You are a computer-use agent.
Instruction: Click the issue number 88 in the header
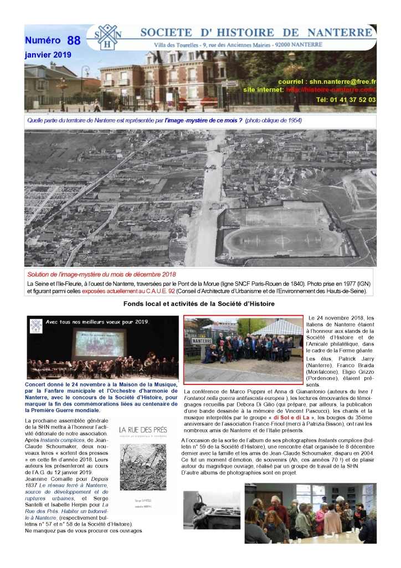[x=73, y=40]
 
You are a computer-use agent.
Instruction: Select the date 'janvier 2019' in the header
[x=48, y=55]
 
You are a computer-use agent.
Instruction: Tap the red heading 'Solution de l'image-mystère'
[x=101, y=275]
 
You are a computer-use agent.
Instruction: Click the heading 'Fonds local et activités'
[x=199, y=303]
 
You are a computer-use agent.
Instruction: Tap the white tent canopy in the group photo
[x=275, y=327]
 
